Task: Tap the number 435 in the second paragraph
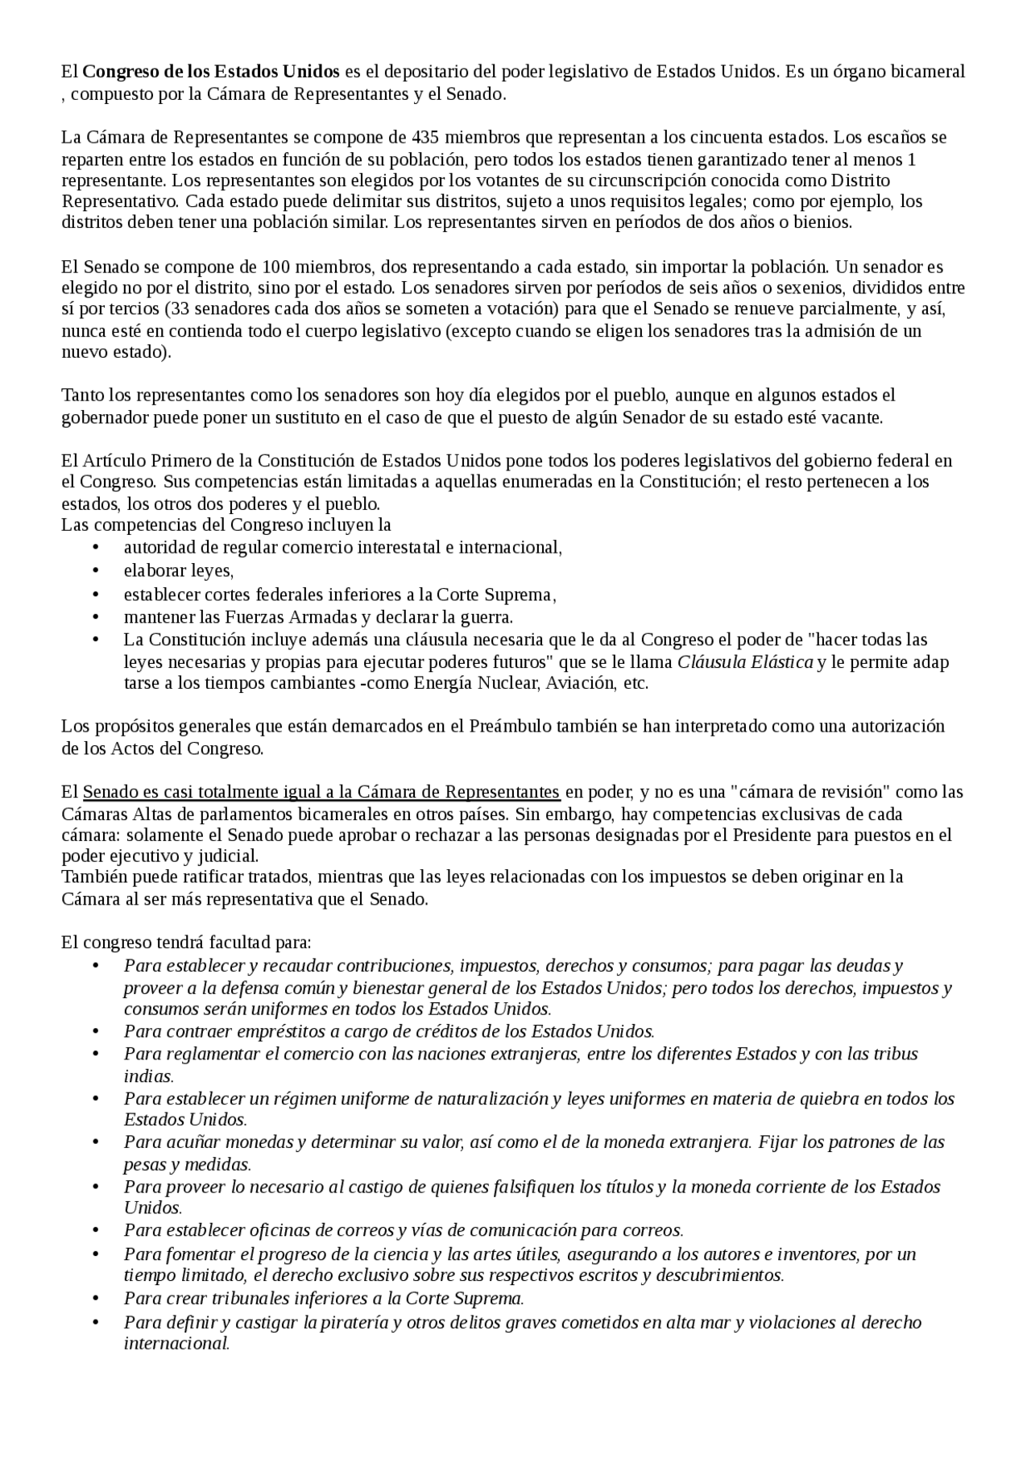coord(424,136)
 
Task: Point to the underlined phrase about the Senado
coord(321,791)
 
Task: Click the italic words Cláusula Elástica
coord(744,662)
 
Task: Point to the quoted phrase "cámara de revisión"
coord(818,791)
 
